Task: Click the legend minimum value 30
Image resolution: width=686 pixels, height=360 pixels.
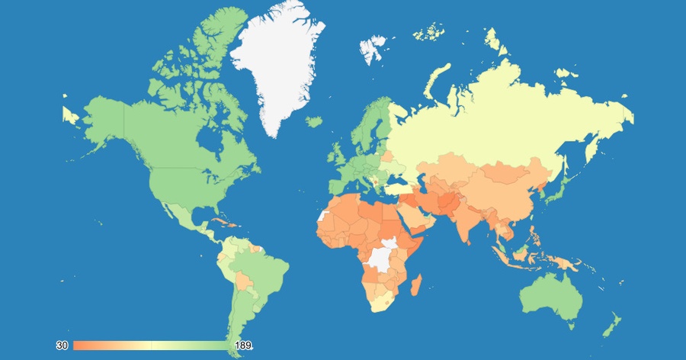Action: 63,346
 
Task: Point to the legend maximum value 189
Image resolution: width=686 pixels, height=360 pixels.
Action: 242,346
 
